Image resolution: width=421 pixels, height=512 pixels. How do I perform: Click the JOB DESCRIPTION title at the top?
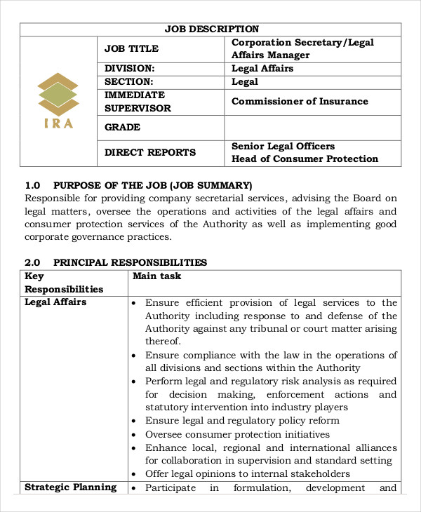tap(211, 29)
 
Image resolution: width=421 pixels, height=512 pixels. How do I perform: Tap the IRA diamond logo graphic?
tap(58, 95)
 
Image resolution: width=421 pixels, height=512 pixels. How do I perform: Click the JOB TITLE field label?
tap(131, 48)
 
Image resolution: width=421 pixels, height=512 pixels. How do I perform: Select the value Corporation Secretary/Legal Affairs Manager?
tap(302, 48)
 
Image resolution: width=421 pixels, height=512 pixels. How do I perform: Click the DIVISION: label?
tap(129, 69)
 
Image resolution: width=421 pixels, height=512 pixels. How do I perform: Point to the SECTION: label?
tap(128, 82)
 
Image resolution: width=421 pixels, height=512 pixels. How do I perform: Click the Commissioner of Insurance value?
tap(300, 101)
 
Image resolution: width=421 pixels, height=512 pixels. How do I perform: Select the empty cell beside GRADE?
tap(312, 128)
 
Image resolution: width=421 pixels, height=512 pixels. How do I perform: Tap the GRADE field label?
tap(122, 128)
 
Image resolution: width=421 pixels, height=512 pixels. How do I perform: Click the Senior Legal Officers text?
tap(283, 146)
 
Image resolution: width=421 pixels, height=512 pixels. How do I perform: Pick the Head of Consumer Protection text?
tap(305, 159)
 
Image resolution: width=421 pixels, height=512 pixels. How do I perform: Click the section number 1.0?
tap(32, 185)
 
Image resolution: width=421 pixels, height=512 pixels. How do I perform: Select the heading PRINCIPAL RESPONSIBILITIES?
tap(130, 262)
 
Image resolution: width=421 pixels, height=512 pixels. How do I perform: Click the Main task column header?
tap(156, 276)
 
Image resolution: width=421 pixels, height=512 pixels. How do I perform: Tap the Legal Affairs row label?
tap(55, 302)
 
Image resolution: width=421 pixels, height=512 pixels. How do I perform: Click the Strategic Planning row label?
tap(70, 487)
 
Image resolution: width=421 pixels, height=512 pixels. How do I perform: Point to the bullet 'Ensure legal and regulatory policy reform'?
tap(242, 421)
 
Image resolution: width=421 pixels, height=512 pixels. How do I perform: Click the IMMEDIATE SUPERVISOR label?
tap(138, 102)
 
